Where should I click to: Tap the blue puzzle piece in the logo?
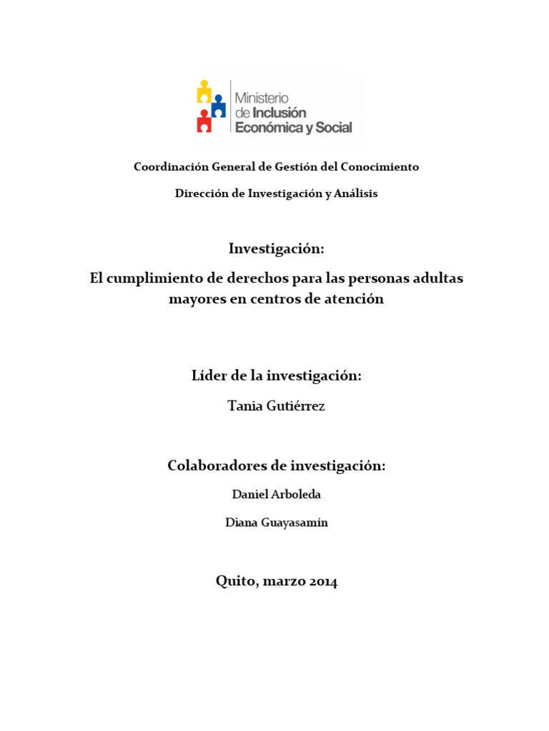click(218, 107)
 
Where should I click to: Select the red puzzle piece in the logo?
click(204, 122)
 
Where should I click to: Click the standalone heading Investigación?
click(276, 248)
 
